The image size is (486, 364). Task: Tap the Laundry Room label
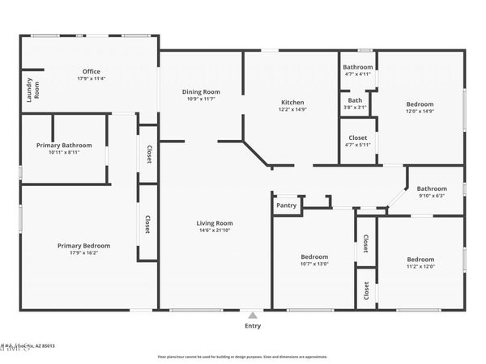(28, 88)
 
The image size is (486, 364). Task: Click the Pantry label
(287, 205)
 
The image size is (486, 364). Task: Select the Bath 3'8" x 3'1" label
(355, 103)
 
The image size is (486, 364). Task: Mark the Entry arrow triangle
(253, 315)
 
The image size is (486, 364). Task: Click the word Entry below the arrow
(253, 326)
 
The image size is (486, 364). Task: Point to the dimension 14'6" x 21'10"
(215, 231)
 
